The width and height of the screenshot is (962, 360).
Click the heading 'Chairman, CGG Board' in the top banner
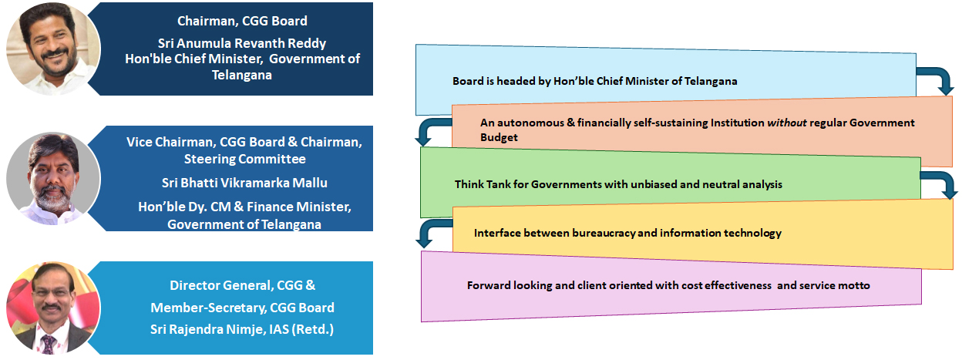(242, 21)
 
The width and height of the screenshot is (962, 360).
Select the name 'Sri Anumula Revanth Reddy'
(242, 43)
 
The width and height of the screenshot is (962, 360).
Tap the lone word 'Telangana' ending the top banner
(242, 75)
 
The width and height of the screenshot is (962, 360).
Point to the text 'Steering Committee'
(245, 159)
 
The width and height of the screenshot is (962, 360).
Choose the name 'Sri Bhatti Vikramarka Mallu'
(244, 183)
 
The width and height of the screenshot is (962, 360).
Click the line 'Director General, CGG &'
(242, 285)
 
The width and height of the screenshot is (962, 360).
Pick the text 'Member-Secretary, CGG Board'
(242, 308)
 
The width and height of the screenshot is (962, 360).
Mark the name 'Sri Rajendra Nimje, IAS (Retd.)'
(242, 329)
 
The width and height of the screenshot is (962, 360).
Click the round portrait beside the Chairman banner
(53, 48)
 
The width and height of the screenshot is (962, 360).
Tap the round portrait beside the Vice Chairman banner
(53, 178)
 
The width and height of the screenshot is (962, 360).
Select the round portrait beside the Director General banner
(53, 308)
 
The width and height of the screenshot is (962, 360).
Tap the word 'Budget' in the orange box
(499, 137)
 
